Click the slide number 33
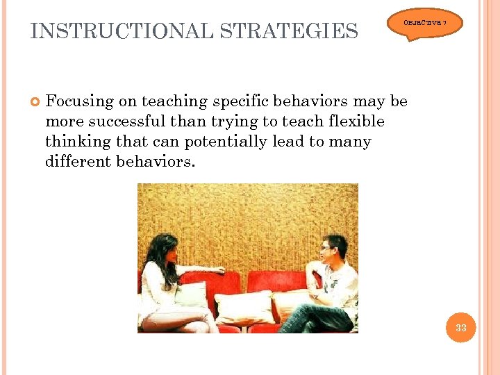pos(461,328)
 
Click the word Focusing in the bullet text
pos(79,101)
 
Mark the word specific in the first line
pos(242,101)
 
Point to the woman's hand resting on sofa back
pos(218,269)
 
